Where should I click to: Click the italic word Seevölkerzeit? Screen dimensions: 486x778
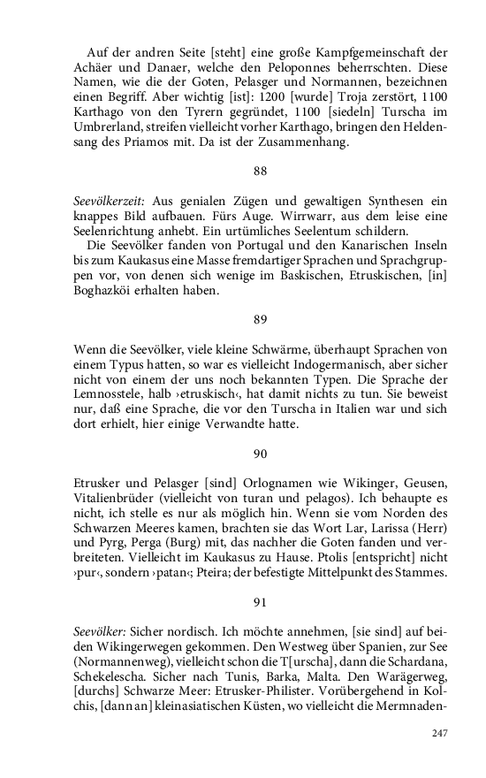click(110, 202)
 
